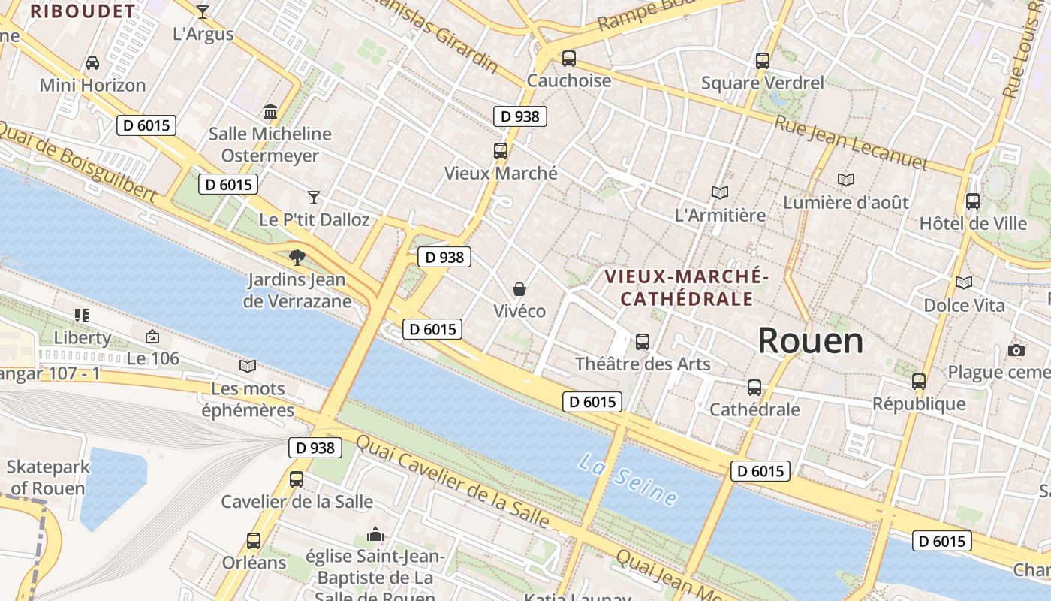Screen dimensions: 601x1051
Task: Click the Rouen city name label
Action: pos(810,341)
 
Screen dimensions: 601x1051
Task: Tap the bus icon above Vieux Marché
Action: pos(501,150)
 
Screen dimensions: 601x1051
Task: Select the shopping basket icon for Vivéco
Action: pos(519,289)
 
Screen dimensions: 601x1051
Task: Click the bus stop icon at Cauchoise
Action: pos(569,58)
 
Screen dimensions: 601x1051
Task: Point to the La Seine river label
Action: pos(628,479)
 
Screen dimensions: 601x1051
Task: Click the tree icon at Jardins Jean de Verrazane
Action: pos(297,257)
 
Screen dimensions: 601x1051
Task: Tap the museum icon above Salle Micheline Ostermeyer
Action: pos(270,112)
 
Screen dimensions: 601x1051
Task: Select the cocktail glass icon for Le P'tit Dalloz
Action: pos(314,198)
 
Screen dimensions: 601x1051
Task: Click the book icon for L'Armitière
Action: pos(720,193)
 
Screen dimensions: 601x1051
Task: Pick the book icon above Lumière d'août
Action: pos(846,180)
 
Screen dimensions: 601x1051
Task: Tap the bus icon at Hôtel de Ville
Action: pos(973,201)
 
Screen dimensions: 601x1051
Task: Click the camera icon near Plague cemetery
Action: pos(1016,350)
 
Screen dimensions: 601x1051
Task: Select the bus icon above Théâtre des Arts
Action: pos(643,342)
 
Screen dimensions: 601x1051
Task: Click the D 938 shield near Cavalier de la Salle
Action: pos(315,448)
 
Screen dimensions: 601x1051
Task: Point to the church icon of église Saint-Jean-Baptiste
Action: pos(375,534)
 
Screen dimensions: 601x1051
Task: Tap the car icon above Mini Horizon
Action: pos(92,62)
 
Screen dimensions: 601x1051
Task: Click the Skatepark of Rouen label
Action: pos(48,477)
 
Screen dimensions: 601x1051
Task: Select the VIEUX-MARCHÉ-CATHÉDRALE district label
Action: pos(687,288)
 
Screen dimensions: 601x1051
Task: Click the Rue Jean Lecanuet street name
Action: pos(851,142)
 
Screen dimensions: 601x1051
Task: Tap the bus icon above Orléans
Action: pos(254,540)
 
